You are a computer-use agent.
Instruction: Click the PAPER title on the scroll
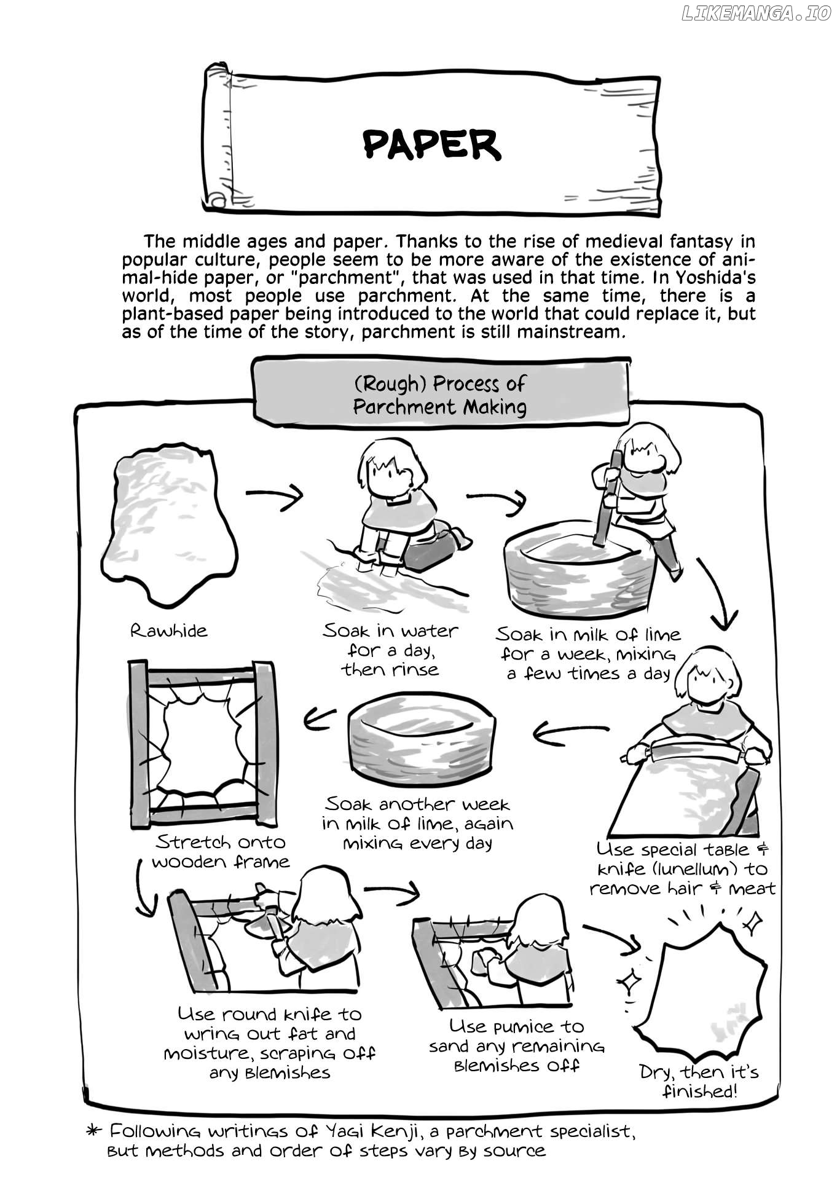[x=431, y=145]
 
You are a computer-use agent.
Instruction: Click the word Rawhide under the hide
[x=168, y=631]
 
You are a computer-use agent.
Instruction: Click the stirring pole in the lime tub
[x=606, y=498]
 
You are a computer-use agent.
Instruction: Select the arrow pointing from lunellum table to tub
[x=568, y=731]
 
